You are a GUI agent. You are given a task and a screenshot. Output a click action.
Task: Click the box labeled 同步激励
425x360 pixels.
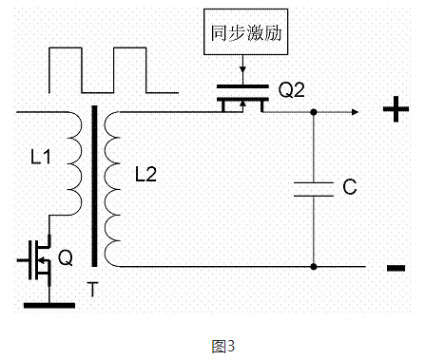tap(246, 32)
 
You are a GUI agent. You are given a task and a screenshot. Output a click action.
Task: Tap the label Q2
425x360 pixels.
tap(292, 93)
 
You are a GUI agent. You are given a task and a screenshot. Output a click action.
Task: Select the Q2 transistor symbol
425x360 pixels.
tap(242, 100)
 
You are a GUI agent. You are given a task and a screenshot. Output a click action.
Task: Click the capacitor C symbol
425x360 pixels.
tap(314, 188)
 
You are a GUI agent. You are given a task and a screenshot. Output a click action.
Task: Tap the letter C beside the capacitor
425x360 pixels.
tap(349, 188)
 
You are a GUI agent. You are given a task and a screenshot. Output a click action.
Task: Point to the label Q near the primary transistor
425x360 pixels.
tap(65, 257)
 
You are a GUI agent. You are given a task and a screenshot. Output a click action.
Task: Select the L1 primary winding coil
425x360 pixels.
tap(72, 161)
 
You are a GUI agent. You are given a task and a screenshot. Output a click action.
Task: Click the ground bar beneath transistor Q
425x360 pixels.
tap(47, 304)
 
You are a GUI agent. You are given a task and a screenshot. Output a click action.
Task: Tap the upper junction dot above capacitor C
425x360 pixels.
tap(314, 112)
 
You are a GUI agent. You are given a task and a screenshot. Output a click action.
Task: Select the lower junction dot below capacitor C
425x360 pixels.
tap(314, 267)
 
